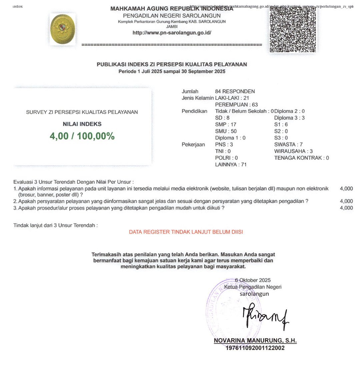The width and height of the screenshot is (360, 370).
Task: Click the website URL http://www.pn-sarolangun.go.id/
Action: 172,33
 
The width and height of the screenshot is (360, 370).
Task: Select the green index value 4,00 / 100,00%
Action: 82,136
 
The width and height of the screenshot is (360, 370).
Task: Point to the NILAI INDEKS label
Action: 82,124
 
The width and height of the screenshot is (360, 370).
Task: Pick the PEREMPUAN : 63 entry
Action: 234,105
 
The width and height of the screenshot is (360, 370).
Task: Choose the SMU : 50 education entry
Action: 226,131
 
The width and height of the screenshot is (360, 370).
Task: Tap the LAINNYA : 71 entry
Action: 231,164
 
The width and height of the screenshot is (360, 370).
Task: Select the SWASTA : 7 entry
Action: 288,144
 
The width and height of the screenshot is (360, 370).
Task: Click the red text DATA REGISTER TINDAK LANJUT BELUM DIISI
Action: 186,232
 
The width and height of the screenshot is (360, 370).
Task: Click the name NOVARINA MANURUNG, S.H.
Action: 255,341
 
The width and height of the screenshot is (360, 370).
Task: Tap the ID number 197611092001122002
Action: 255,348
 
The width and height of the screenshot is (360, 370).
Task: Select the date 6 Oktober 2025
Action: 253,280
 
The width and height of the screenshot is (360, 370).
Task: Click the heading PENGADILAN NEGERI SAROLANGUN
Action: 172,16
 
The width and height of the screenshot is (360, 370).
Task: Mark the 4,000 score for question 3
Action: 346,208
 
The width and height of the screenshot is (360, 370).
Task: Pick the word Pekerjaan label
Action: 193,144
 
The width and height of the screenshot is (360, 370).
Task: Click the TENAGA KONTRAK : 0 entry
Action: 301,158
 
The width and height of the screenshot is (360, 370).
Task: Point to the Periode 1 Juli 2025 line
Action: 172,71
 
